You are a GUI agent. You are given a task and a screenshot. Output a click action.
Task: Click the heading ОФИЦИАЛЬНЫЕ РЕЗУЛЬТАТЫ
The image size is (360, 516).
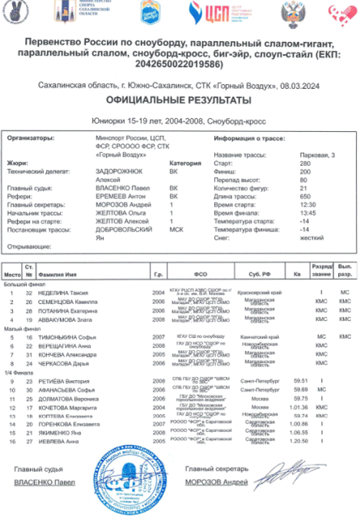[x=180, y=99]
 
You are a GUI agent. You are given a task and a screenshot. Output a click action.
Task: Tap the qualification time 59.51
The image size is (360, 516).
[x=303, y=380]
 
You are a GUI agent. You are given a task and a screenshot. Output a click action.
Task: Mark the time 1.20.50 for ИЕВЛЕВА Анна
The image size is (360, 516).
[x=303, y=442]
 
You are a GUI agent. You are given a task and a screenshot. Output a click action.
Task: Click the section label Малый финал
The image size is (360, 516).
[x=19, y=328]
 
